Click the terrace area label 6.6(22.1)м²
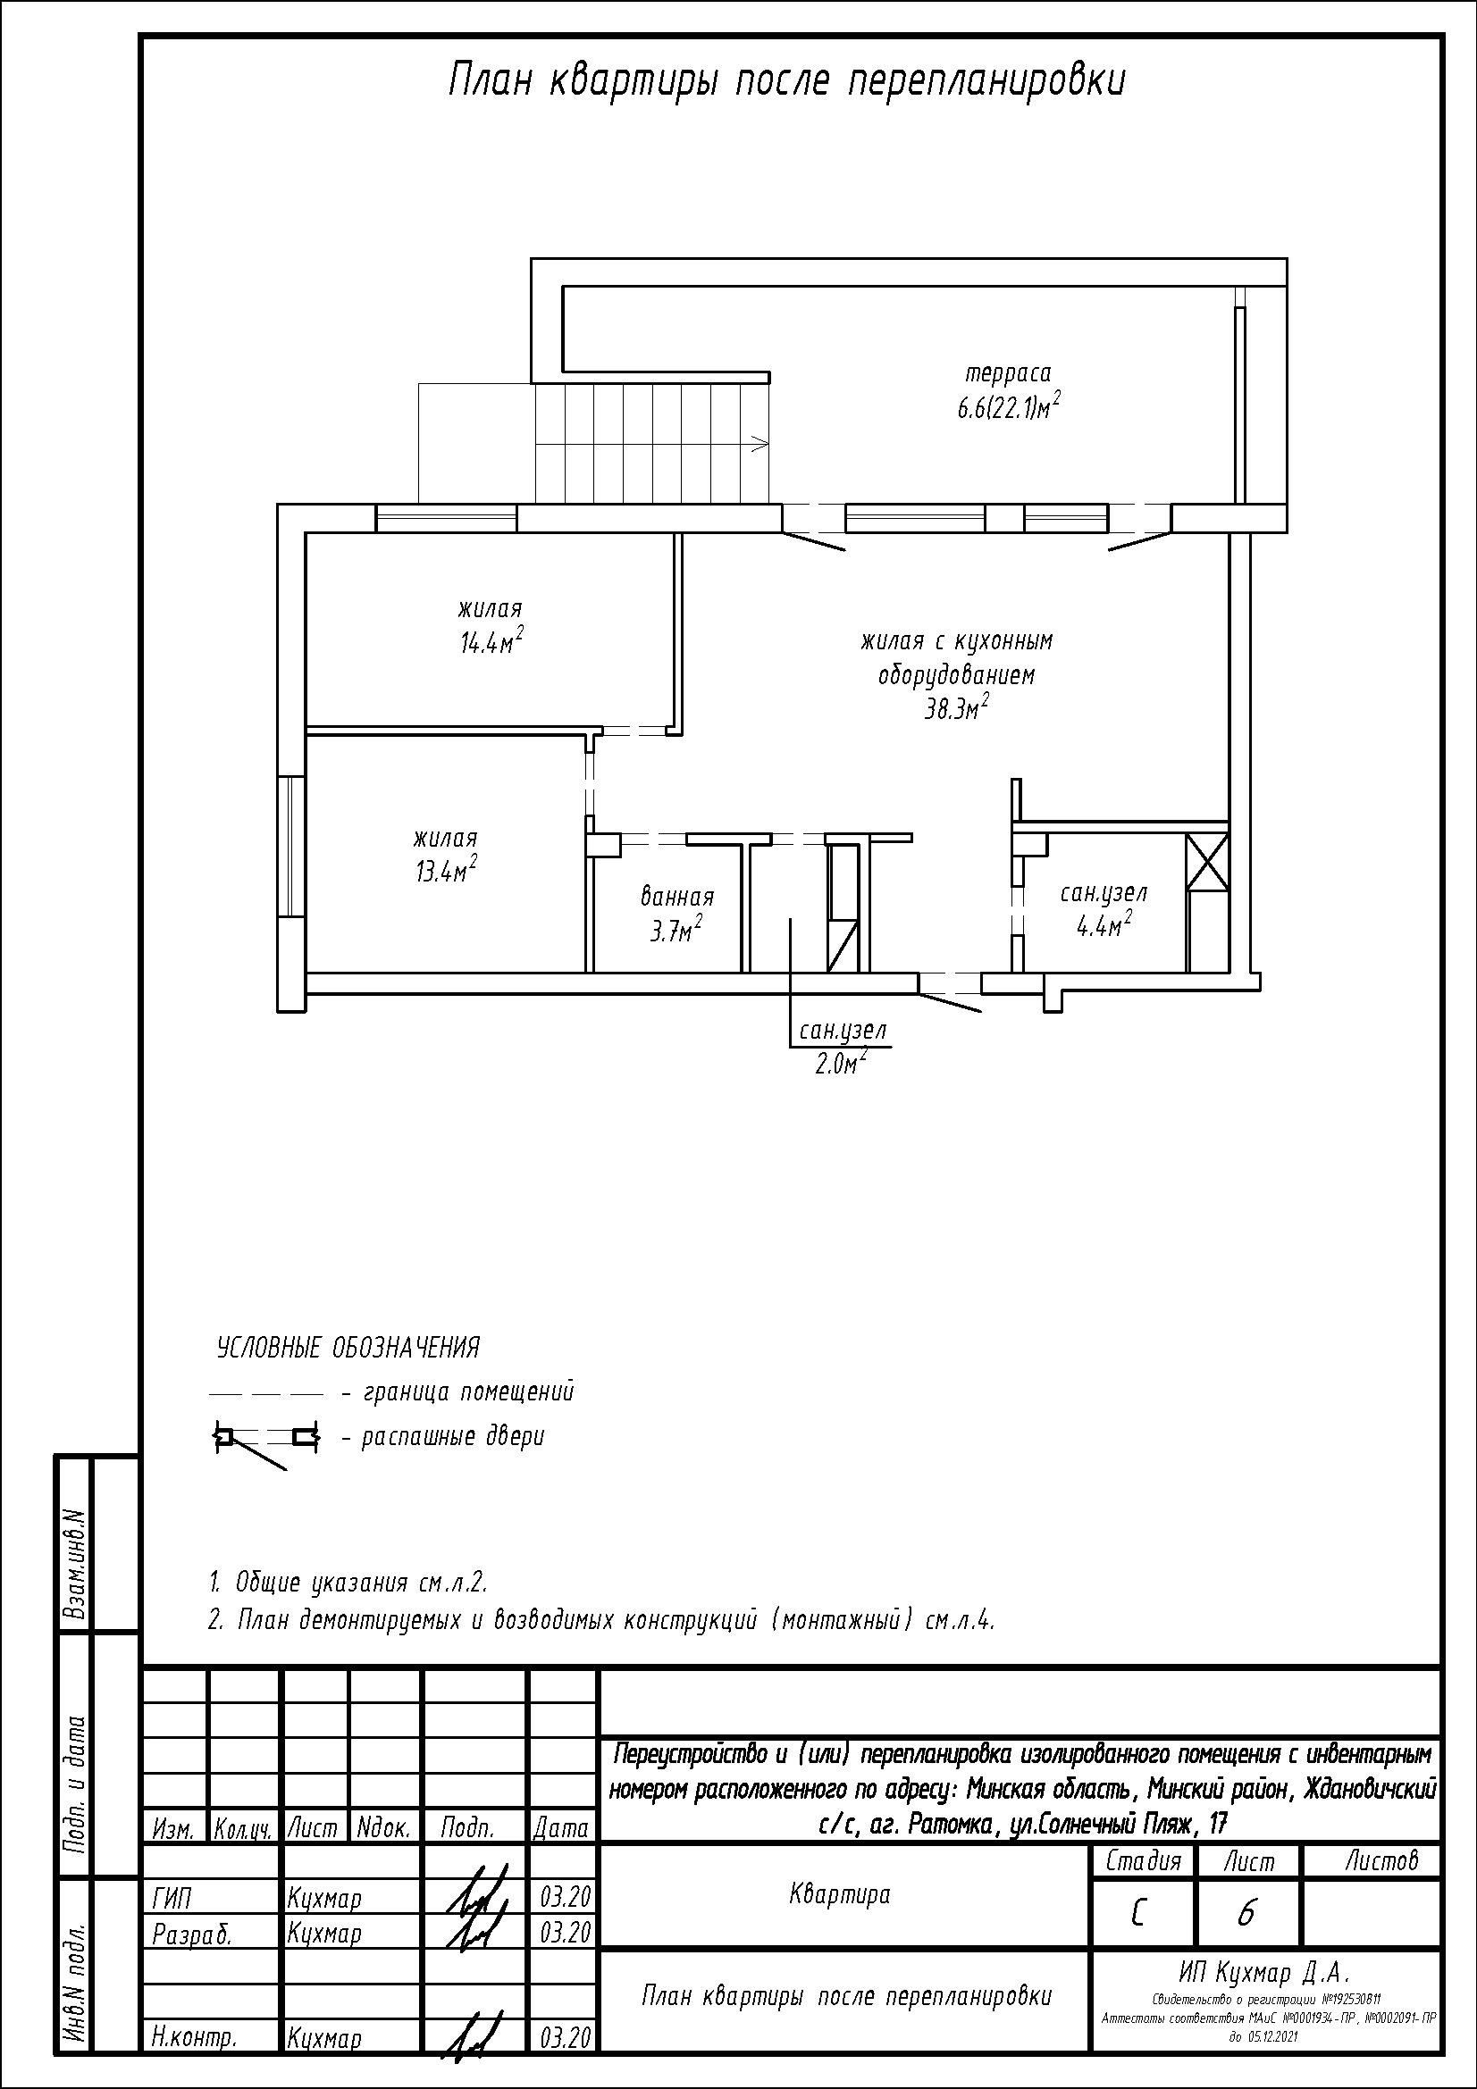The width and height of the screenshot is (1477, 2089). click(x=1008, y=406)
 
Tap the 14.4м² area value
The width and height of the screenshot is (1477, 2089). click(x=491, y=641)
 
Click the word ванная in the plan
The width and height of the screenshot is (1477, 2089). click(x=677, y=897)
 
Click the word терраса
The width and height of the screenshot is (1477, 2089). click(x=1008, y=373)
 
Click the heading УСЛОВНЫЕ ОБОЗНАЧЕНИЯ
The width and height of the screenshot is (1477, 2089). click(x=348, y=1348)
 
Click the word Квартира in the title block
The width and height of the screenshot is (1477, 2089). click(x=840, y=1894)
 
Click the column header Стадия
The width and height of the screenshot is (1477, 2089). click(x=1143, y=1861)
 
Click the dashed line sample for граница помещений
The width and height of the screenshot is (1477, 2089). click(x=266, y=1393)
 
